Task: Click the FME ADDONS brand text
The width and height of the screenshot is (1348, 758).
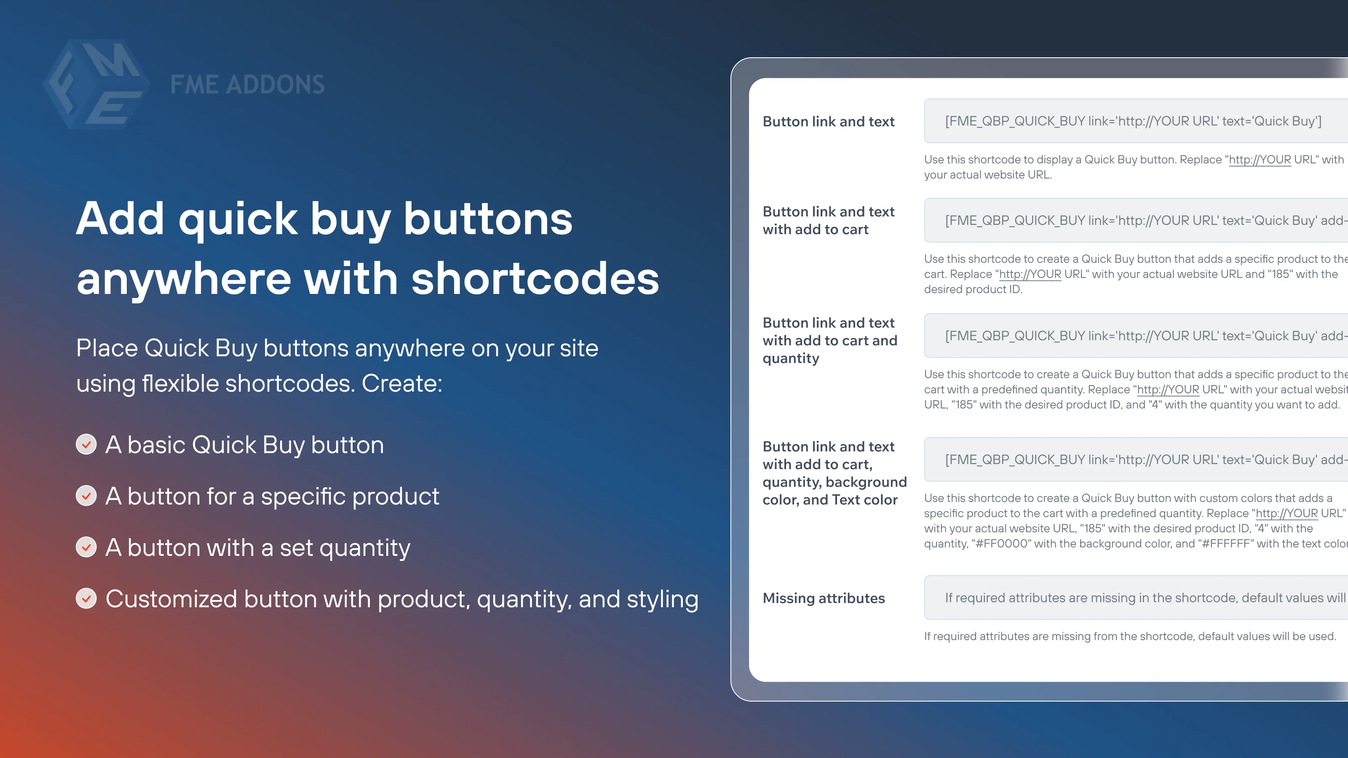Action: tap(247, 85)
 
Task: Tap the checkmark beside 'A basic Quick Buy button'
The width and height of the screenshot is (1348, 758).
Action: tap(86, 445)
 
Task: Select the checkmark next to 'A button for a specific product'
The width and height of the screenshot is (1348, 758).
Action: tap(86, 496)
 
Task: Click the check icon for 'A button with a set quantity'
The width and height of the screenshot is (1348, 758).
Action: tap(86, 547)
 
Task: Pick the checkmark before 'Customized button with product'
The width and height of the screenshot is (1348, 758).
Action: tap(86, 598)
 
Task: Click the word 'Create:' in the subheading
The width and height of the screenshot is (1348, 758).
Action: tap(402, 384)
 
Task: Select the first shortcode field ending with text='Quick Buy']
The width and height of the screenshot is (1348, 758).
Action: tap(1133, 121)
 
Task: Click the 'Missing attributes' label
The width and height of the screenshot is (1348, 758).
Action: tap(824, 598)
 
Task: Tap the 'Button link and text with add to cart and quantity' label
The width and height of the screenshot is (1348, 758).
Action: tap(830, 341)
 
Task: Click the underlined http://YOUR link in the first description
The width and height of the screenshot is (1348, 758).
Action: tap(1260, 160)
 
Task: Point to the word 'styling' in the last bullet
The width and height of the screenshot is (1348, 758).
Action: tap(663, 599)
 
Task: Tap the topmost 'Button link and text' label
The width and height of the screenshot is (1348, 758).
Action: tap(828, 121)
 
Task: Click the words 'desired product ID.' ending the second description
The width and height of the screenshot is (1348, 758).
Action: tap(973, 289)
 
